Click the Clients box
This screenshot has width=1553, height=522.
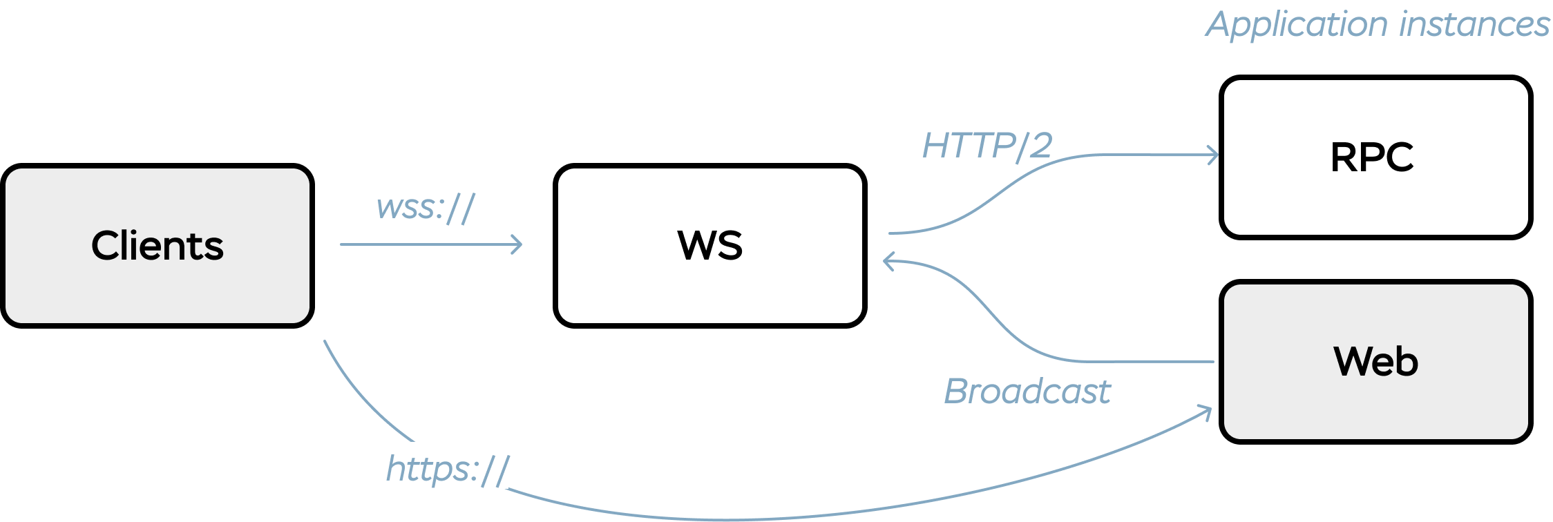(158, 290)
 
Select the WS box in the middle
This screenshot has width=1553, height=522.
(709, 290)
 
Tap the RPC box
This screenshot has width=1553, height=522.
(1375, 200)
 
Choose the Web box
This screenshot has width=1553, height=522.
(1375, 407)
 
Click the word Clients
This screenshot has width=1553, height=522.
(158, 246)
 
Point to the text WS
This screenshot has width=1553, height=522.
(709, 245)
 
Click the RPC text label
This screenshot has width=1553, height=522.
(1372, 157)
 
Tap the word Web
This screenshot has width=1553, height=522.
(1375, 361)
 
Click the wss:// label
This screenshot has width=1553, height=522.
(426, 207)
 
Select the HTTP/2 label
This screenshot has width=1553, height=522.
(987, 146)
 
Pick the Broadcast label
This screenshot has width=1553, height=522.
(1027, 391)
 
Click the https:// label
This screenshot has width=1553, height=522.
(448, 470)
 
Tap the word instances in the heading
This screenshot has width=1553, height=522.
(1474, 24)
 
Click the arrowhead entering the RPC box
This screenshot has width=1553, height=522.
(1214, 155)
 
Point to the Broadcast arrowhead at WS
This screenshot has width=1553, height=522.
(888, 262)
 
